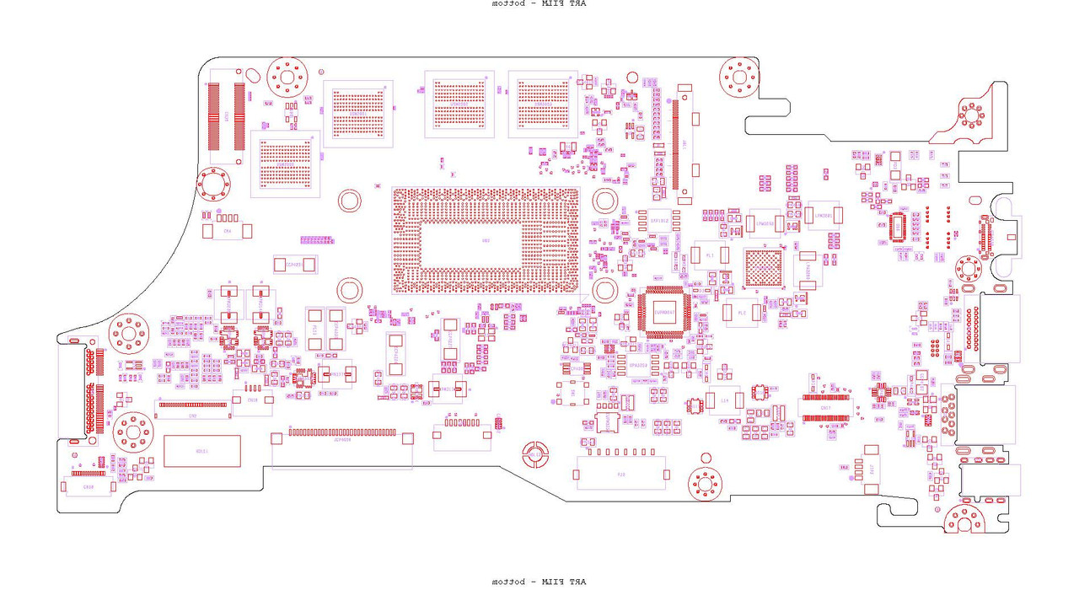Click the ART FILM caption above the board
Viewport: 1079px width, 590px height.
point(539,4)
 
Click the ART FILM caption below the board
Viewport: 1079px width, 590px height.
point(539,582)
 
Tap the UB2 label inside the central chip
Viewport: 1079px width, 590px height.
point(485,241)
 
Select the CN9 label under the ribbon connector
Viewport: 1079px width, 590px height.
point(192,416)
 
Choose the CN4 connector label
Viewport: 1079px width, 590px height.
point(228,230)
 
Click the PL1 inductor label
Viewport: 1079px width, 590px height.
point(710,255)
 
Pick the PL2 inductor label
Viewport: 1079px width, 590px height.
point(742,312)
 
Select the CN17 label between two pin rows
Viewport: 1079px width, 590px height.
point(825,408)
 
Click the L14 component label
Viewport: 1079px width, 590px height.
point(724,400)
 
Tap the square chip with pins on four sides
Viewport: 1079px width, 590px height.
point(665,313)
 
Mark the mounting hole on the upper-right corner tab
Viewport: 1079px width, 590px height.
point(972,116)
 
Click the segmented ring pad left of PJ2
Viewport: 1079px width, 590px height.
point(533,455)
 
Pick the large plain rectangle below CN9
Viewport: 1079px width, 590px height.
point(202,452)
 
